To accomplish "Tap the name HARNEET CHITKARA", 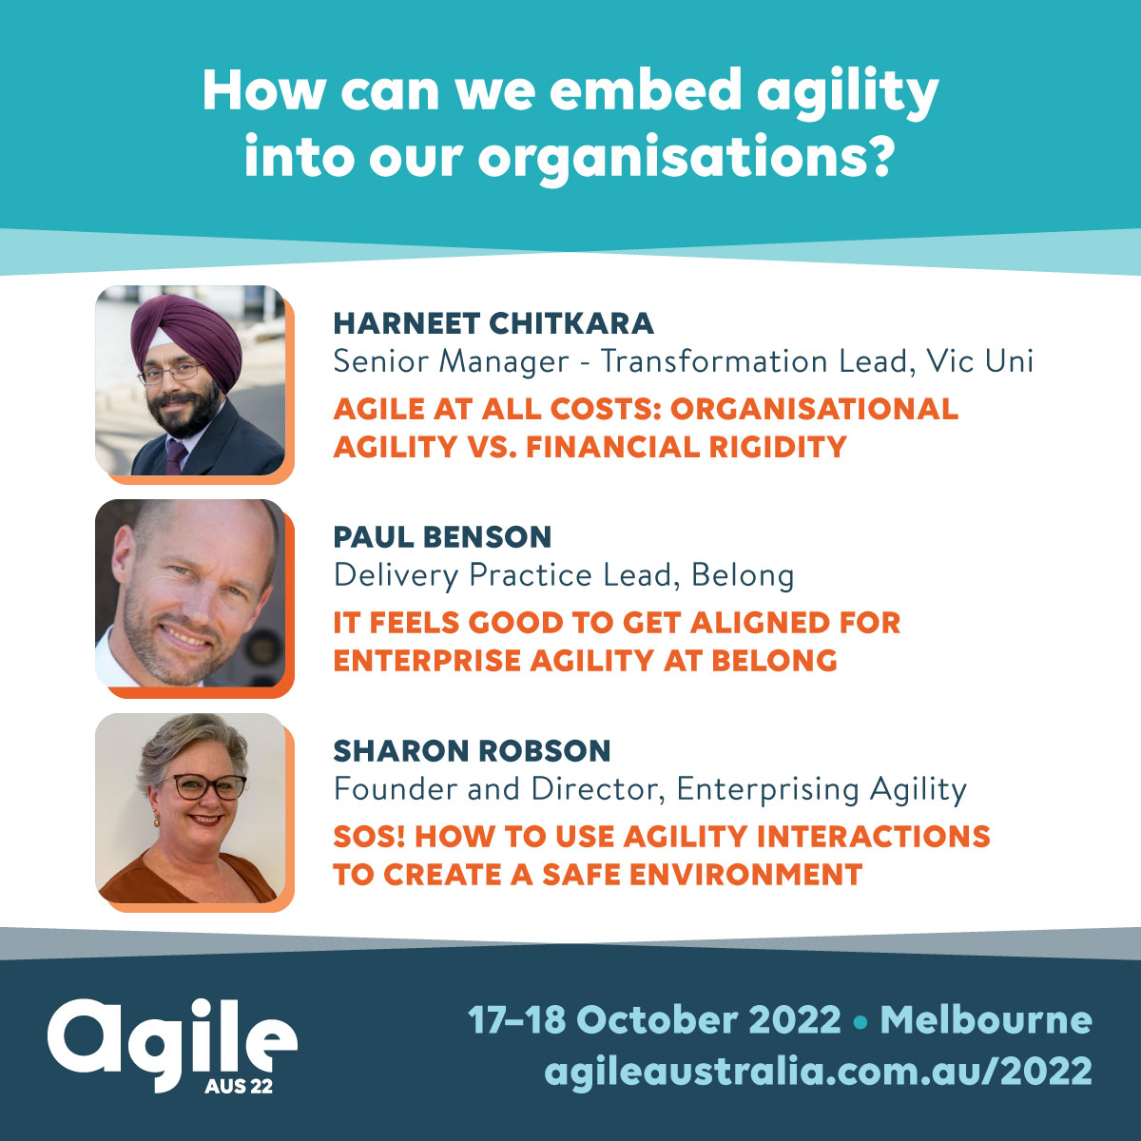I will (x=493, y=323).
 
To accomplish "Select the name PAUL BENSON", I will (x=442, y=537).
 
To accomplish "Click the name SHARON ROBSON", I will (x=472, y=751).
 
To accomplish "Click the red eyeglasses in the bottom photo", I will (x=203, y=786).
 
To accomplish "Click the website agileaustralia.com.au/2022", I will (x=818, y=1071).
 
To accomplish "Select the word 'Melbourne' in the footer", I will (x=986, y=1020).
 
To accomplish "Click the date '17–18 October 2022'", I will (x=654, y=1020).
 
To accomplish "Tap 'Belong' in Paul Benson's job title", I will (x=743, y=575).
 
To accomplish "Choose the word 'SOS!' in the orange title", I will (x=369, y=837).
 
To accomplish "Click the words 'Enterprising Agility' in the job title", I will (x=822, y=789).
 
